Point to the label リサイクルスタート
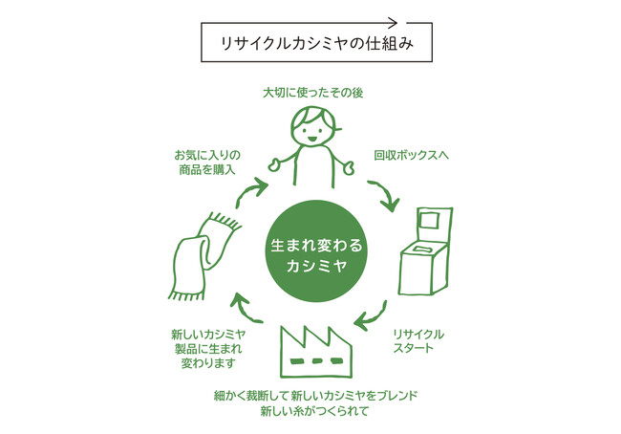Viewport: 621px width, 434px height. tap(418, 341)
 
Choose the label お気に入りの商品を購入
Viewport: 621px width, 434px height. tap(206, 162)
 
